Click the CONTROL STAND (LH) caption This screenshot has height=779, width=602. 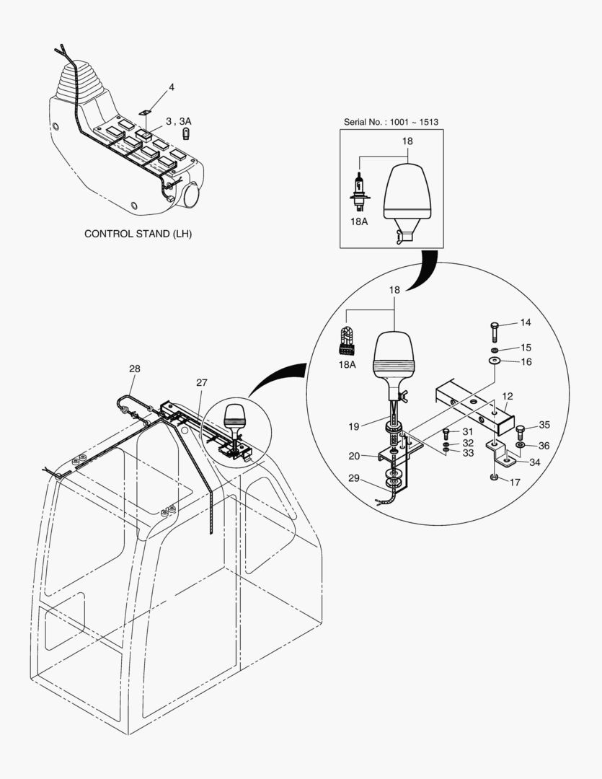tap(138, 234)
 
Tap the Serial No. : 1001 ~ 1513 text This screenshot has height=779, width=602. tap(391, 122)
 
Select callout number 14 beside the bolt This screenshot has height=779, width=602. tap(526, 322)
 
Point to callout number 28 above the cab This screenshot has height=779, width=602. tap(135, 369)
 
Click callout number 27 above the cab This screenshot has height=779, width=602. tap(202, 382)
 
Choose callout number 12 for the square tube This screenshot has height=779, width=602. tap(507, 397)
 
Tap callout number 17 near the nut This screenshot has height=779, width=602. tap(515, 482)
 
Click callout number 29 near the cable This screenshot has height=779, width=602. tap(354, 478)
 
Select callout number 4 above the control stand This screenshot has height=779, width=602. tap(172, 87)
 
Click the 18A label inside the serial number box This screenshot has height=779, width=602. tap(358, 221)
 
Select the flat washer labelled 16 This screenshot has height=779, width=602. tap(495, 361)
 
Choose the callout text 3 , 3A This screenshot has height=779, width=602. tap(178, 122)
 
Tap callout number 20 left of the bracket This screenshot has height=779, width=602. tap(354, 456)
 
